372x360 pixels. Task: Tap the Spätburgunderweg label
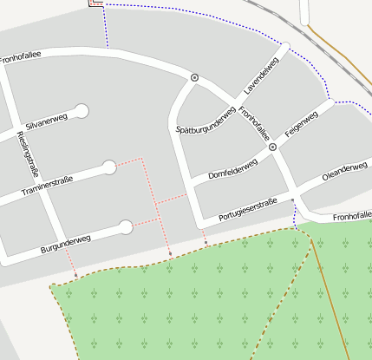click(x=206, y=120)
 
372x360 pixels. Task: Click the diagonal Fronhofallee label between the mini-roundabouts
click(x=254, y=122)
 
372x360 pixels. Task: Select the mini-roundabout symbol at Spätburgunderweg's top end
click(x=194, y=77)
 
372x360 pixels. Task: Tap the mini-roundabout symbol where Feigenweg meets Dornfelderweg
click(x=272, y=147)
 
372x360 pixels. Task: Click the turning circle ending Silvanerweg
click(x=82, y=111)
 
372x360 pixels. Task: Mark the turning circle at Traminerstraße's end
click(x=109, y=167)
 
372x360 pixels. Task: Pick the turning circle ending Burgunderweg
click(x=126, y=227)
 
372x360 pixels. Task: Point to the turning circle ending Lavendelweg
click(x=285, y=46)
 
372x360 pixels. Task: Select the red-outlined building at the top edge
click(x=96, y=3)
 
